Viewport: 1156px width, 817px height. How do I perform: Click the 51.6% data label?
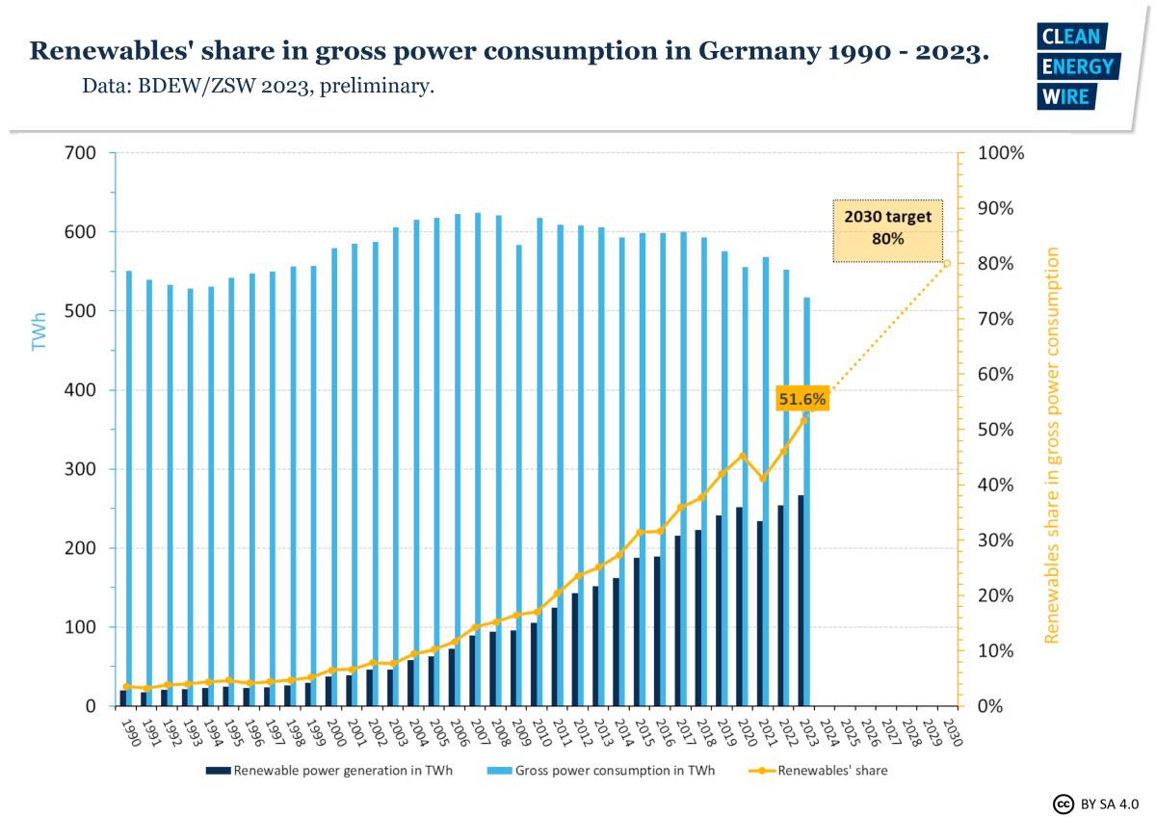[802, 400]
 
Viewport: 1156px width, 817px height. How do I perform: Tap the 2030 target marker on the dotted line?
[947, 263]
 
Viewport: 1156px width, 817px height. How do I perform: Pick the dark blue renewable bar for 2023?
[800, 601]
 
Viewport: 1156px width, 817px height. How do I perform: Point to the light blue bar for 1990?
[129, 482]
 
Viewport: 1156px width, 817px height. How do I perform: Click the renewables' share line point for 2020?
[742, 456]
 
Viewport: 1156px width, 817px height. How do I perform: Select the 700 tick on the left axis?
[82, 152]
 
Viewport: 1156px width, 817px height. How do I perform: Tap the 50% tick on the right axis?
[996, 429]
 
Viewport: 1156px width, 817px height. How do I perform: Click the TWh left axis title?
[39, 329]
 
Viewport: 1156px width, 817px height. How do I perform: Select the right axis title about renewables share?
[1052, 445]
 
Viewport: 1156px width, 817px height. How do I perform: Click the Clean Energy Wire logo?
[1078, 66]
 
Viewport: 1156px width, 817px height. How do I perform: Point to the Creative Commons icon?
[1063, 803]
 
